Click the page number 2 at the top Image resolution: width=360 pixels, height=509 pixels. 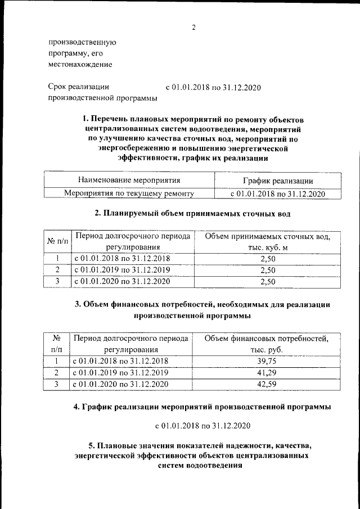click(193, 28)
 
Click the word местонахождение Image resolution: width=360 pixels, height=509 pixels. click(80, 64)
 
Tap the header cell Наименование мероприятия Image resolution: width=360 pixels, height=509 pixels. click(129, 180)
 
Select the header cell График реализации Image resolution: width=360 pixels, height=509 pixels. click(278, 180)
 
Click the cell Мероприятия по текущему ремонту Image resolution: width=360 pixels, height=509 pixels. click(129, 193)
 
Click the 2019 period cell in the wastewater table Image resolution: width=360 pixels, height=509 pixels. click(122, 270)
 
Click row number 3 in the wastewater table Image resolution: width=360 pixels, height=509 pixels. click(57, 282)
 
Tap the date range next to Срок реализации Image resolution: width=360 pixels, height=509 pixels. click(214, 88)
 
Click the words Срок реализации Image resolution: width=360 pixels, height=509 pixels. click(78, 87)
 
